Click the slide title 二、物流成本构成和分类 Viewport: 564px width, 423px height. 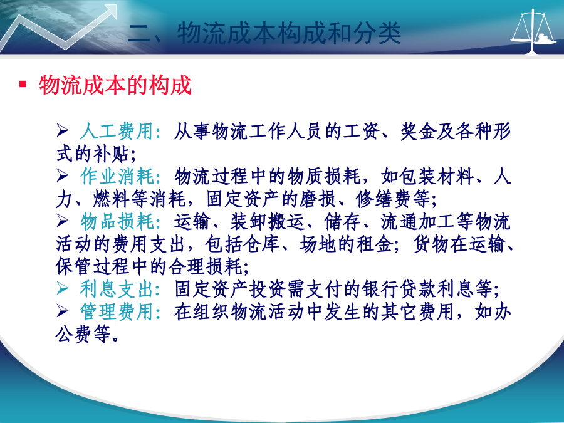click(x=264, y=33)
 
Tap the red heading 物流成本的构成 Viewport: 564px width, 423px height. click(x=115, y=85)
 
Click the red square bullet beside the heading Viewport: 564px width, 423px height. click(x=23, y=84)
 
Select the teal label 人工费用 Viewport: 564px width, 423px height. click(x=117, y=131)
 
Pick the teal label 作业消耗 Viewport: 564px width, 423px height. click(x=117, y=176)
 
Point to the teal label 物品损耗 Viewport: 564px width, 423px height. click(x=117, y=221)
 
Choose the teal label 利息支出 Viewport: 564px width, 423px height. click(x=117, y=289)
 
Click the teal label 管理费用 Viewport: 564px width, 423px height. click(x=117, y=311)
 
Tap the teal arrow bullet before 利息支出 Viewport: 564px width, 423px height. click(x=62, y=288)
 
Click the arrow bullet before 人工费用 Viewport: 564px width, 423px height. click(x=62, y=130)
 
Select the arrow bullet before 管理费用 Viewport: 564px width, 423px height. click(x=62, y=311)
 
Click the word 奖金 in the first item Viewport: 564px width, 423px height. click(x=419, y=131)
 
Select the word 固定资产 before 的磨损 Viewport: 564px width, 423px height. click(x=244, y=199)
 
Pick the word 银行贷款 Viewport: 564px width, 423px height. click(x=399, y=289)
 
